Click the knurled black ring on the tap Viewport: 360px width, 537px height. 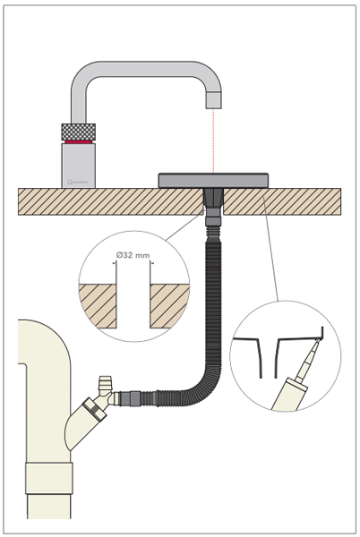pyautogui.click(x=78, y=132)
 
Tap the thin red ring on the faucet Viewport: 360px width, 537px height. pyautogui.click(x=78, y=142)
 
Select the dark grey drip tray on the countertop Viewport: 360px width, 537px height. pyautogui.click(x=213, y=180)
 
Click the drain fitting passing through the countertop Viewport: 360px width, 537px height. pyautogui.click(x=214, y=202)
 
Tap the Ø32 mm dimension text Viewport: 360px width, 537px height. pyautogui.click(x=133, y=255)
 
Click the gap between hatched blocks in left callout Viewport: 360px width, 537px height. pyautogui.click(x=133, y=304)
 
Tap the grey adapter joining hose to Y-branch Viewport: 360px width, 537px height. pyautogui.click(x=125, y=396)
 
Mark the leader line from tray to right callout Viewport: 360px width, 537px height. pyautogui.click(x=270, y=251)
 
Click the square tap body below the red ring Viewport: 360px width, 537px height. pyautogui.click(x=78, y=165)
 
